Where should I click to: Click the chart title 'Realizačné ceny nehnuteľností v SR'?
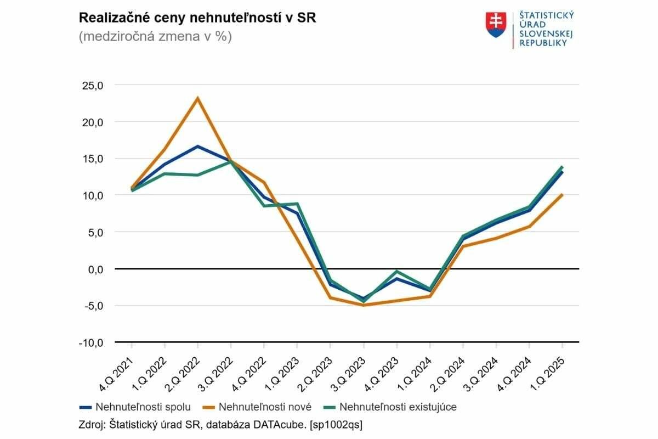(x=197, y=18)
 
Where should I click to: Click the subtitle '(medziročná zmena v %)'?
(x=155, y=37)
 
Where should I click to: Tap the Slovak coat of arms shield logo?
(x=496, y=25)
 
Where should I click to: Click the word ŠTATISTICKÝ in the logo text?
(x=546, y=15)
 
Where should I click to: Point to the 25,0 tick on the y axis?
(x=93, y=85)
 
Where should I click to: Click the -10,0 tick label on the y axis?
(x=90, y=342)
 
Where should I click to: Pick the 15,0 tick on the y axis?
(x=93, y=159)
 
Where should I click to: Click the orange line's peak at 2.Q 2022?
(x=197, y=98)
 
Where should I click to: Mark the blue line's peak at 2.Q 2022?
(x=197, y=147)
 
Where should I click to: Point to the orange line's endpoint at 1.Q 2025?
(x=562, y=195)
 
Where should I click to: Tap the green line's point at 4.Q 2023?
(x=396, y=272)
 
